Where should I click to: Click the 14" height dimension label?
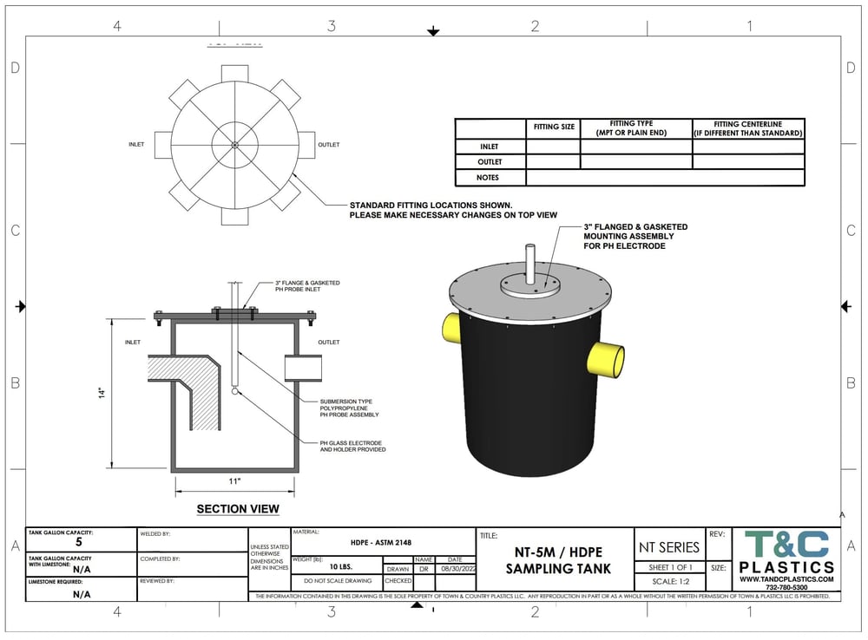click(102, 393)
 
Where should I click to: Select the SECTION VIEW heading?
click(238, 509)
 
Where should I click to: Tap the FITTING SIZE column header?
click(554, 127)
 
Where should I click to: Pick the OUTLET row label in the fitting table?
click(490, 162)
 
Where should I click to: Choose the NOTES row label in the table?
click(490, 178)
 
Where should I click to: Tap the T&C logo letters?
click(786, 545)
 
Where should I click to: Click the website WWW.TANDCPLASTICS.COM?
click(786, 579)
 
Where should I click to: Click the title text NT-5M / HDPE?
click(558, 552)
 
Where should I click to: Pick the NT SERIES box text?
click(668, 547)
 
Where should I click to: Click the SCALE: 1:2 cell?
click(668, 582)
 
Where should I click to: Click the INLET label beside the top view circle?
click(136, 145)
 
